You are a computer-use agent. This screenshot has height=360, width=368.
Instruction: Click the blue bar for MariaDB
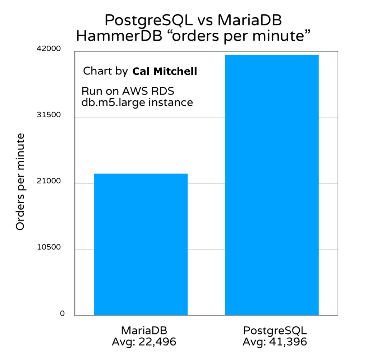coord(141,245)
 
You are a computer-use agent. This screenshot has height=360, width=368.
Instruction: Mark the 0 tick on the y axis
coord(62,314)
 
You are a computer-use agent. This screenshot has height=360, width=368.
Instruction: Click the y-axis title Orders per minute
coord(20,182)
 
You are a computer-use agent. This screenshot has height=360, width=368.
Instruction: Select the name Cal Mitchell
coord(165,72)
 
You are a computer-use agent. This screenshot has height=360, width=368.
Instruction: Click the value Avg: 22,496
coord(144,341)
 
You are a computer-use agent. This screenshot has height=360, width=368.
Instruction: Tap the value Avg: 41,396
coord(275,341)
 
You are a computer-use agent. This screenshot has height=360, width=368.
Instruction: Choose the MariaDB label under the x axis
coord(144,331)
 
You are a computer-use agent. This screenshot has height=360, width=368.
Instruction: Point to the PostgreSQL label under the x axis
coord(275,331)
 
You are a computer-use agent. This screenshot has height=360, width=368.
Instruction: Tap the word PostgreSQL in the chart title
coord(145,21)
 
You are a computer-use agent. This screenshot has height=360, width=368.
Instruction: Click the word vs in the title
coord(202,21)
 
